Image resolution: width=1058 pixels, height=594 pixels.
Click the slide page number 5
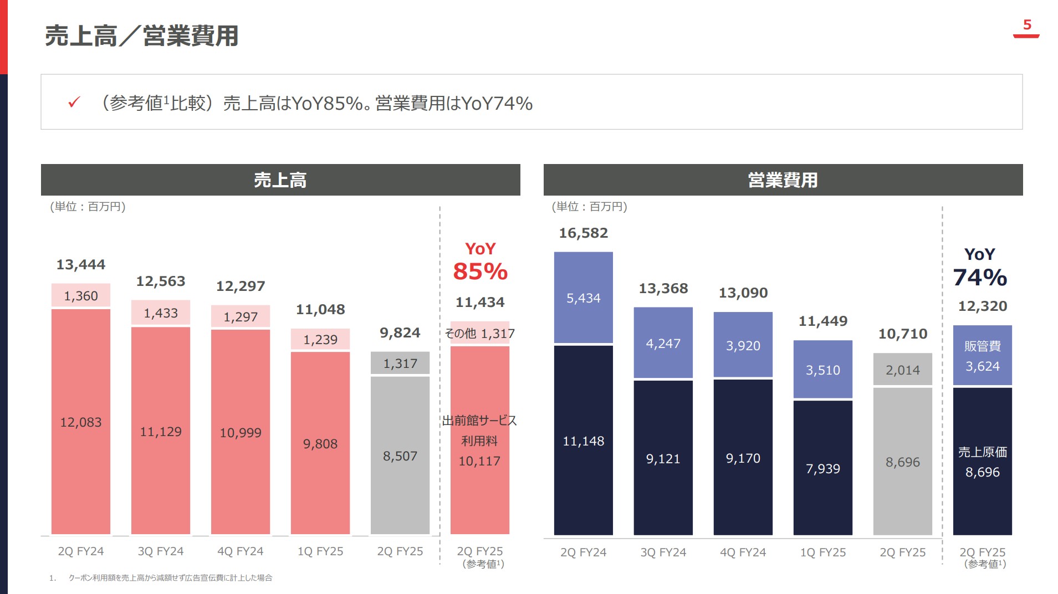point(1026,25)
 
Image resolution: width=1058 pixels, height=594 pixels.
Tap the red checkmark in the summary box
point(74,103)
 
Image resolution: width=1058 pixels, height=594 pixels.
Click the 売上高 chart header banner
point(280,180)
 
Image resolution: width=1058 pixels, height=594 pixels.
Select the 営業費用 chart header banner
point(783,180)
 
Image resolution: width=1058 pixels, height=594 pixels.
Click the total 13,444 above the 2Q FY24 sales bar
point(81,265)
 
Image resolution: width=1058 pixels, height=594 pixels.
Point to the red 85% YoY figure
point(480,272)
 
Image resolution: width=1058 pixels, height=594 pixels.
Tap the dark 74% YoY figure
point(980,278)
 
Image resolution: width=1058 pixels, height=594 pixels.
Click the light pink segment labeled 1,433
point(161,313)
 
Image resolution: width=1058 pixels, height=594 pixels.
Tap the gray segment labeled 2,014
point(902,370)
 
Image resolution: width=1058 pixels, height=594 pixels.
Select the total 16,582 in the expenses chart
point(583,233)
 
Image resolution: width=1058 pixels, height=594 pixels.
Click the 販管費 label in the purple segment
point(982,346)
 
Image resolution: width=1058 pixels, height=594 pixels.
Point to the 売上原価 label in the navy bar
point(982,452)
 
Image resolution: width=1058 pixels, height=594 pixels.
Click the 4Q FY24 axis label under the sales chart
point(241,551)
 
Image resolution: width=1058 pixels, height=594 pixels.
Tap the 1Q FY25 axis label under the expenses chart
point(822,552)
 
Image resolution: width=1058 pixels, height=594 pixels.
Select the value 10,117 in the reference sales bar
point(479,461)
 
